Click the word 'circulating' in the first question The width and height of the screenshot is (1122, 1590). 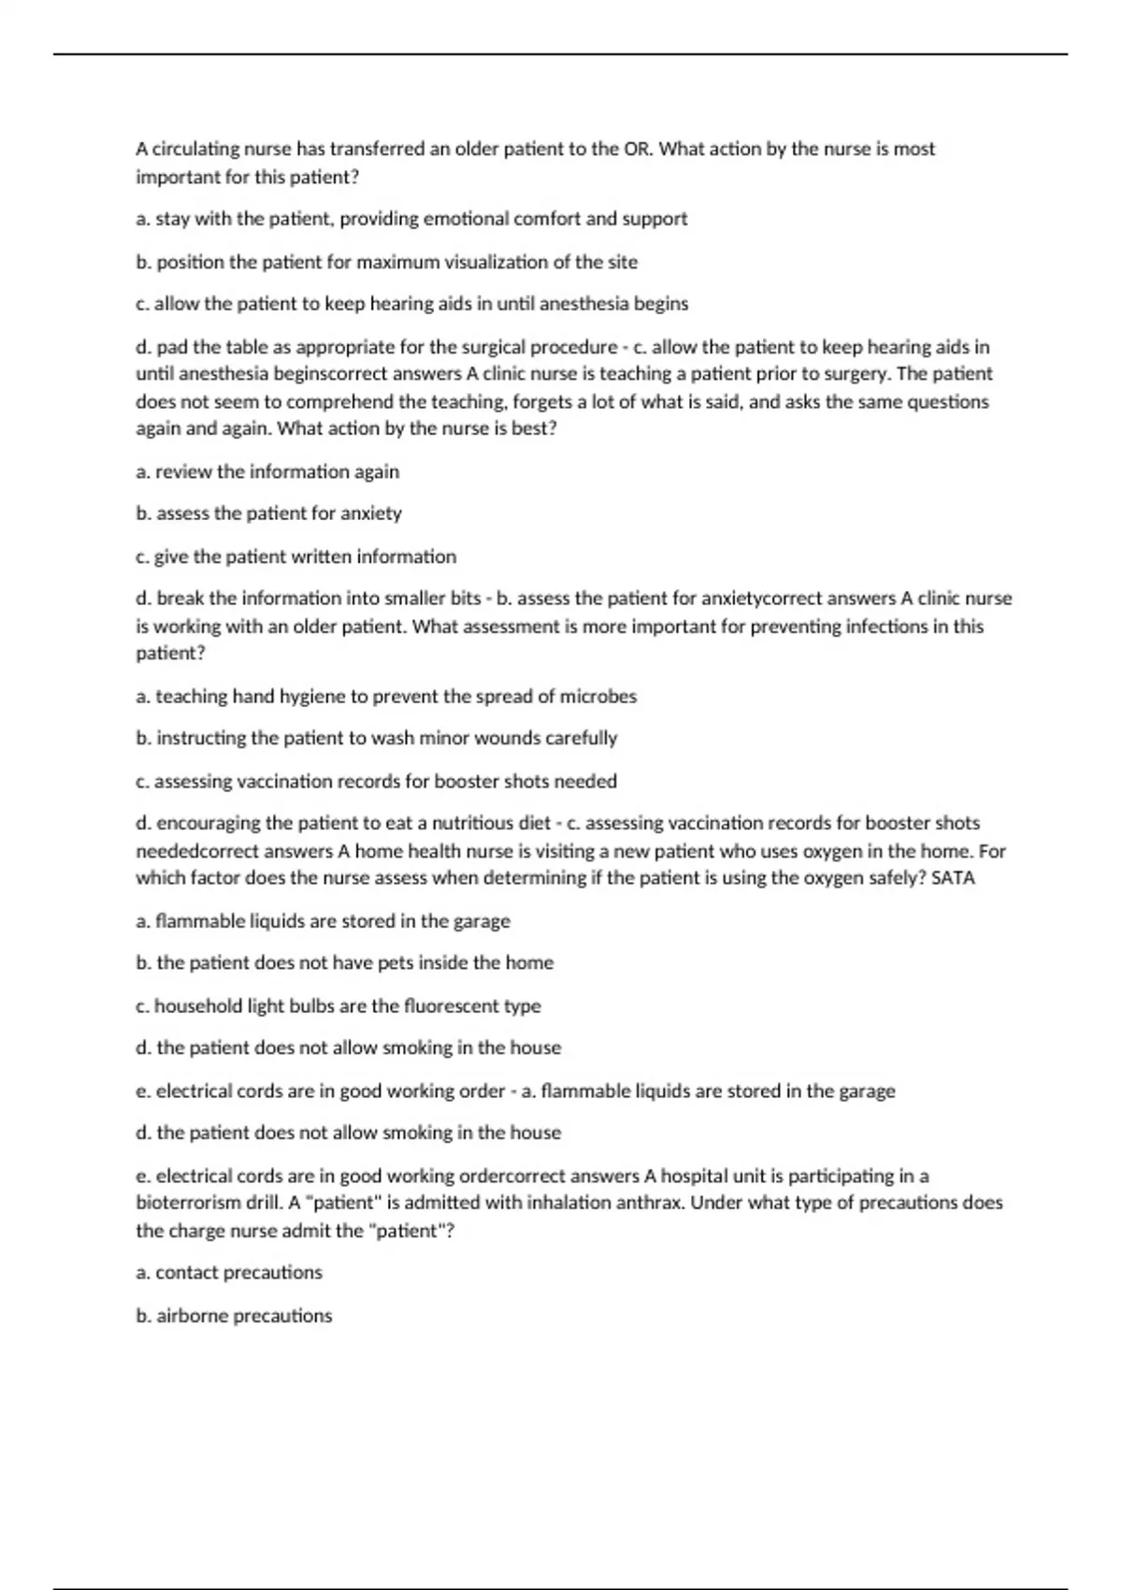(194, 149)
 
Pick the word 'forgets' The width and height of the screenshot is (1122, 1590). (547, 401)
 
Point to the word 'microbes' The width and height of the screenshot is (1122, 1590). (598, 696)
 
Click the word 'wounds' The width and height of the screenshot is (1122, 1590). (481, 738)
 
